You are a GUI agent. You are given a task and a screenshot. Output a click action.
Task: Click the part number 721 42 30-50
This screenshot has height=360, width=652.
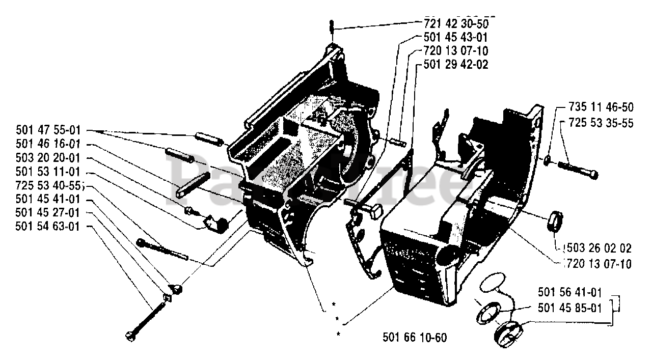[456, 24]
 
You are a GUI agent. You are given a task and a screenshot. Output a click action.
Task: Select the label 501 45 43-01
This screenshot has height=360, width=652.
[456, 37]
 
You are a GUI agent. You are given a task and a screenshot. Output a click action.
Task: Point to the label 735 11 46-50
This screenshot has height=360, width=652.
[601, 108]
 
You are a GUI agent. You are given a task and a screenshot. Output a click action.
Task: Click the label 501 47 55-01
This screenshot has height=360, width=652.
[48, 131]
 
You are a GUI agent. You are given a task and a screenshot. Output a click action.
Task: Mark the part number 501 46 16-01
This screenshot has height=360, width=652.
[48, 145]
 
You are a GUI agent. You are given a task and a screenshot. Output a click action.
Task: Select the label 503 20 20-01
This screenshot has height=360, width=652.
[48, 158]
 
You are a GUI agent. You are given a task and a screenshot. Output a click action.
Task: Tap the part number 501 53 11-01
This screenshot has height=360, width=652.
[48, 172]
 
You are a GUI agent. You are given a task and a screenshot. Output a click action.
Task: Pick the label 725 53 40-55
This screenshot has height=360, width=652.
[48, 186]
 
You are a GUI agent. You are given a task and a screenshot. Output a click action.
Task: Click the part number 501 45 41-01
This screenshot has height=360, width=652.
[48, 200]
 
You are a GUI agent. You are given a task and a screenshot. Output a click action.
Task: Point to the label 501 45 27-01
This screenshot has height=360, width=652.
[48, 213]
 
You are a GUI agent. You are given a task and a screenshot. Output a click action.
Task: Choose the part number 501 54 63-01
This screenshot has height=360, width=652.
[48, 227]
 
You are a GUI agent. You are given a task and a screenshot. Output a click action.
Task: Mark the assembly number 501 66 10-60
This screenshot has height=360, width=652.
[414, 338]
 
